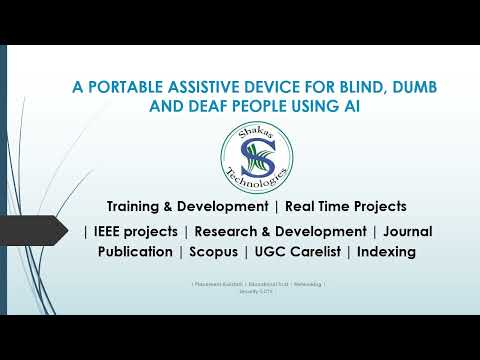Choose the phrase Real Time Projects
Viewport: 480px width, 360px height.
click(x=345, y=206)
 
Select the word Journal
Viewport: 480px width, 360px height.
click(x=408, y=231)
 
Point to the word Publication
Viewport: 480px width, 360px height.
click(x=135, y=252)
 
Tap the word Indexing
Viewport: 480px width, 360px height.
click(x=385, y=252)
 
